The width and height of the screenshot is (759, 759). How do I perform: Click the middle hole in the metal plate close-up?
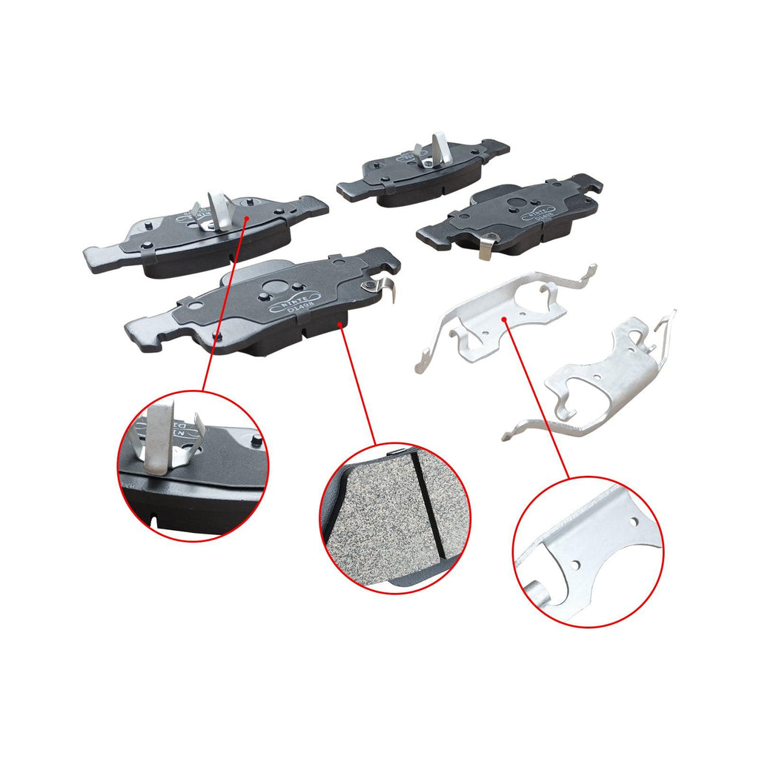(575, 566)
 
